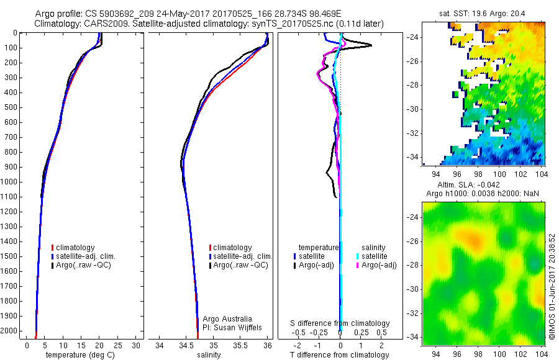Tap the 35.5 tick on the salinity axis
pyautogui.click(x=240, y=345)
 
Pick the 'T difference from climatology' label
pyautogui.click(x=340, y=355)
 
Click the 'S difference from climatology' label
pyautogui.click(x=340, y=323)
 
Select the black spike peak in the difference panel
pyautogui.click(x=371, y=45)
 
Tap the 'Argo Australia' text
pyautogui.click(x=227, y=319)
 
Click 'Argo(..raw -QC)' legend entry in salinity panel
pyautogui.click(x=240, y=266)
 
